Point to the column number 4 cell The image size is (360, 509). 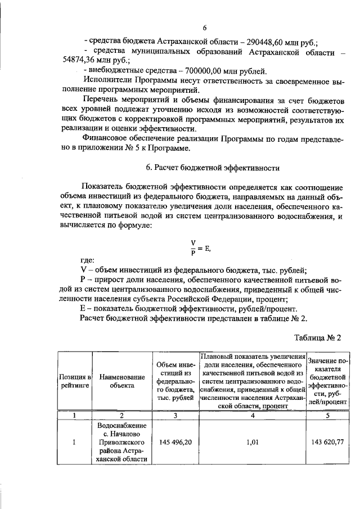[x=252, y=415]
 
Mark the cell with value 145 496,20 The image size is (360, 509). [x=175, y=442]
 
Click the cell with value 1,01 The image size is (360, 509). [x=252, y=442]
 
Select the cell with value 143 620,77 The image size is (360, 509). [x=327, y=442]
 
